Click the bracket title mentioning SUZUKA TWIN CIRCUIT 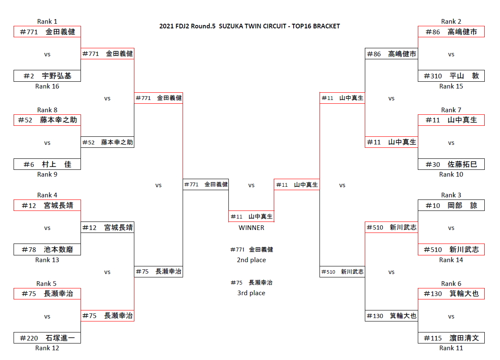click(250, 26)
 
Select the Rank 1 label click(47, 22)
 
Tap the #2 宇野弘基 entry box click(47, 76)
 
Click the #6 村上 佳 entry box click(47, 164)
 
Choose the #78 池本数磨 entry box click(47, 249)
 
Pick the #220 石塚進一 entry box click(47, 338)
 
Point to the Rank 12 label click(47, 348)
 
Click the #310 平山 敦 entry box click(451, 76)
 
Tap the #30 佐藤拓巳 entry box click(451, 164)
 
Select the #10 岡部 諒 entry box click(451, 205)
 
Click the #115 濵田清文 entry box click(451, 338)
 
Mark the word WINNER click(251, 228)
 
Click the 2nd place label click(251, 260)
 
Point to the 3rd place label click(251, 293)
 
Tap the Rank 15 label click(451, 86)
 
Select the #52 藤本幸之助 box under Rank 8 click(47, 120)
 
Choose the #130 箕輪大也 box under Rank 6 click(451, 294)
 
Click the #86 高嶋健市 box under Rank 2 click(451, 32)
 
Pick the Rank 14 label click(451, 260)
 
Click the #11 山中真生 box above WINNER click(251, 216)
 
